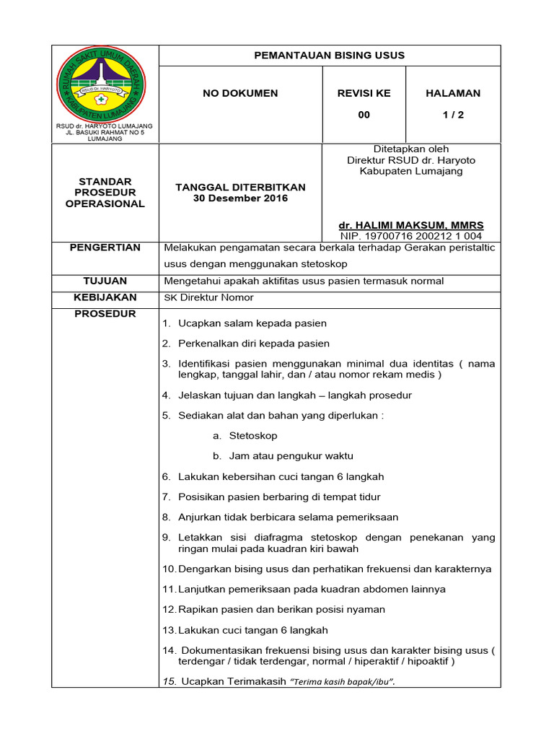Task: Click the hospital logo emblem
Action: click(101, 85)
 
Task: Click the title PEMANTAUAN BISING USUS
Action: click(329, 56)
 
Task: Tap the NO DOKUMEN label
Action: click(240, 93)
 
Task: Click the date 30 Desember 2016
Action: click(240, 198)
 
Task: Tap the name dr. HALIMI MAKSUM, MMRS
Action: click(411, 225)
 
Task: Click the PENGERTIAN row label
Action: click(105, 248)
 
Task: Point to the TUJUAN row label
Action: click(105, 281)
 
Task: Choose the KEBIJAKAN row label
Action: click(105, 297)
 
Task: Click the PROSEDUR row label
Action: click(105, 314)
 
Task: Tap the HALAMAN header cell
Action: click(453, 93)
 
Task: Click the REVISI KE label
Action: click(364, 93)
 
